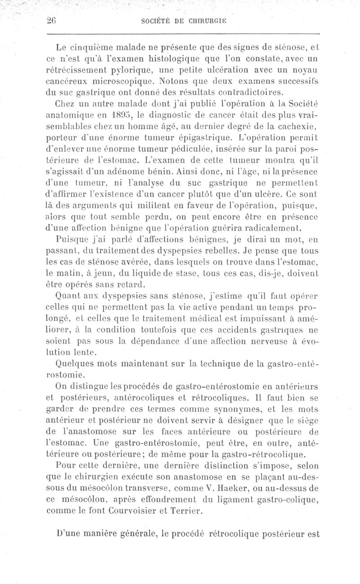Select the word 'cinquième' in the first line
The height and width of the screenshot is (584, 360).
point(101,45)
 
